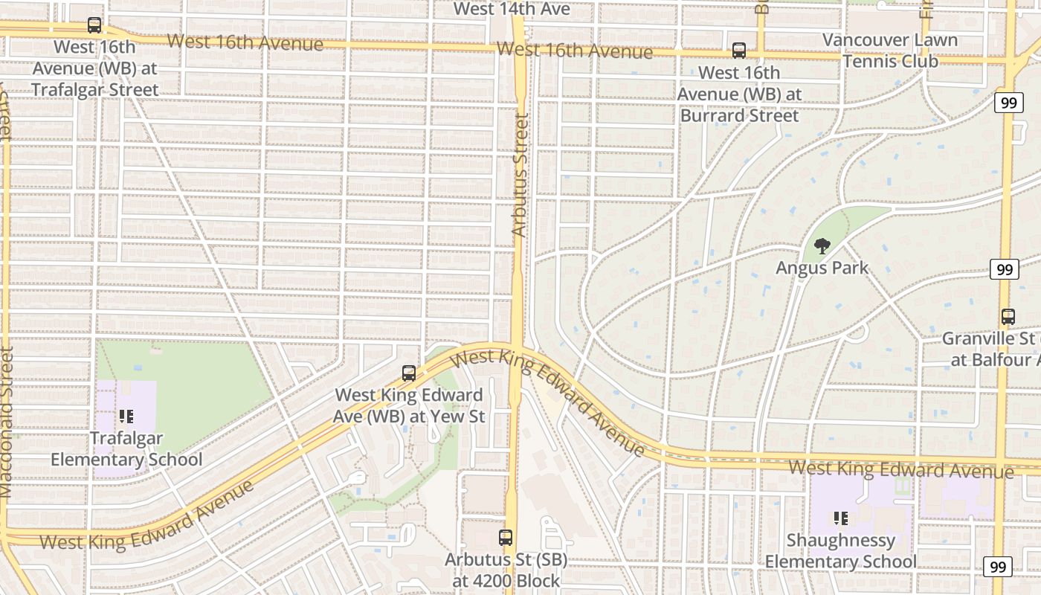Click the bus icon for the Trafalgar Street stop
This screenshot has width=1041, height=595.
94,25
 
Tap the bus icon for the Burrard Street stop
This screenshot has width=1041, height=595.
738,51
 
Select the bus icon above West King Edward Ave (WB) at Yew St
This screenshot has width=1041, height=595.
408,373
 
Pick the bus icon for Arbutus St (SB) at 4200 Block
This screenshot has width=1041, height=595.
506,537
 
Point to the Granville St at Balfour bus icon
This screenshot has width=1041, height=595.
1008,317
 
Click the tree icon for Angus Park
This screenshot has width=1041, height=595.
822,246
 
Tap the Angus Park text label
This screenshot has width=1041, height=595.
822,268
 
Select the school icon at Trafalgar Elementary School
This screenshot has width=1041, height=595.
126,416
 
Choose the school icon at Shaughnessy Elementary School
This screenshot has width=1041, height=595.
841,518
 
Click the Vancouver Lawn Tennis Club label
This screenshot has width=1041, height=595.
890,51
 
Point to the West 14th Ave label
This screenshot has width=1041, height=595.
512,9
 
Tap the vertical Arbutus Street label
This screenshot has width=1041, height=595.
520,175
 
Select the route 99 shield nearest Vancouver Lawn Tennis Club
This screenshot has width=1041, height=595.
1008,103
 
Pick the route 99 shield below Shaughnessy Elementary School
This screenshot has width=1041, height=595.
997,567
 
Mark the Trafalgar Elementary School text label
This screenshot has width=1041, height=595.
126,449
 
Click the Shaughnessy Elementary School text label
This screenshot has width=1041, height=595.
841,550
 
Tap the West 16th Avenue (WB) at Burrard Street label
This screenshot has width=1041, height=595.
739,94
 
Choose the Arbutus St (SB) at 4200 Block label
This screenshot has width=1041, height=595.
506,569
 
